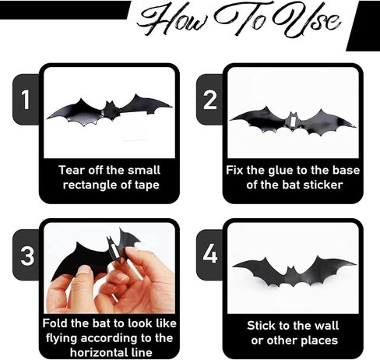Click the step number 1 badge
pyautogui.click(x=26, y=99)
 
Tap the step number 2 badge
pyautogui.click(x=209, y=99)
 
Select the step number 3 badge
pyautogui.click(x=26, y=255)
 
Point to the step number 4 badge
pyautogui.click(x=210, y=254)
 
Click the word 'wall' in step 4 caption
pyautogui.click(x=327, y=326)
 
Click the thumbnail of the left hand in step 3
pyautogui.click(x=84, y=270)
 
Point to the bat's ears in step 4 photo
pyautogui.click(x=290, y=268)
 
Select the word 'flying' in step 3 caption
pyautogui.click(x=62, y=339)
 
